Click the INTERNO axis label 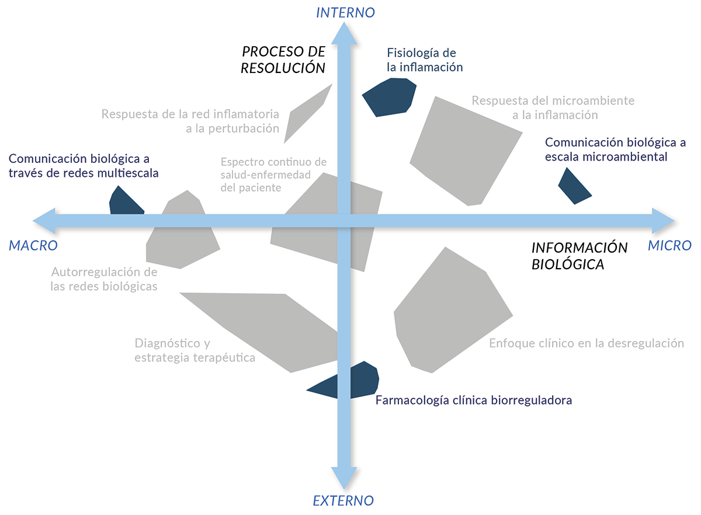point(345,12)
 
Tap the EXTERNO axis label point(343,500)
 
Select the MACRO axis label point(33,246)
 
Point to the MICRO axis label point(669,246)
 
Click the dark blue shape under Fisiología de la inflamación point(389,96)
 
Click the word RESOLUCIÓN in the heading point(283,68)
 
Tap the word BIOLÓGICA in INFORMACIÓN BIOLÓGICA point(568,264)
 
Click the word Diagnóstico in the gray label point(164,343)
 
